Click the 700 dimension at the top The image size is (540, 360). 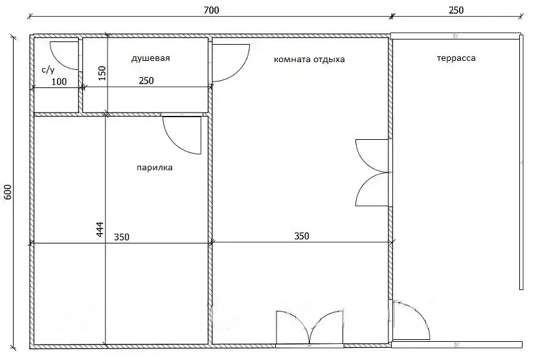(211, 10)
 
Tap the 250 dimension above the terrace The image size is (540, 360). (456, 10)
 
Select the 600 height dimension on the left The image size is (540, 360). (8, 192)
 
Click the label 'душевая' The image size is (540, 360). (150, 58)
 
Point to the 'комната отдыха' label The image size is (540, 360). (309, 60)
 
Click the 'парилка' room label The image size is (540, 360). (155, 168)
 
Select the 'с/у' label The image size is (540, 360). (48, 70)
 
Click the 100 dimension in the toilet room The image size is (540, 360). (59, 82)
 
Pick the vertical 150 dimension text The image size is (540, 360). (102, 73)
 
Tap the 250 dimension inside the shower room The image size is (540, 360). (146, 81)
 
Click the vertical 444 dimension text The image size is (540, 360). (100, 229)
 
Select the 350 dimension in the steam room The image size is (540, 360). (122, 237)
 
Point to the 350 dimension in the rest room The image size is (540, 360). (302, 236)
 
